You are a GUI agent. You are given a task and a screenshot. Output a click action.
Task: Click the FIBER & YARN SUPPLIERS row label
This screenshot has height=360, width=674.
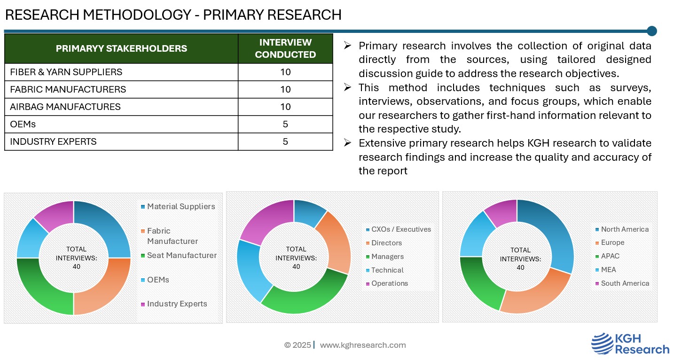[66, 72]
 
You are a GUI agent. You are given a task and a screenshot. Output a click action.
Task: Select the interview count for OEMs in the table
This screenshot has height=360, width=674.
[285, 124]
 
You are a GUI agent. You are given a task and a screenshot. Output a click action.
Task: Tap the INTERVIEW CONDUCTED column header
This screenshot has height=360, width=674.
[285, 48]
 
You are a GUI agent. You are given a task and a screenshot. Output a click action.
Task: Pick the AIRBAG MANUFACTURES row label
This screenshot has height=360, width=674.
[65, 107]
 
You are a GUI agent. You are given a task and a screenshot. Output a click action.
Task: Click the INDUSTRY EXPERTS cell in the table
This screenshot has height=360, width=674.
[53, 141]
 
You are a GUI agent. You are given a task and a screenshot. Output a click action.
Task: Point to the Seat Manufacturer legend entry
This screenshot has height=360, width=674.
[181, 255]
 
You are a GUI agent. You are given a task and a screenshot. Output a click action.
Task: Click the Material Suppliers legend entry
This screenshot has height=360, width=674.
[180, 206]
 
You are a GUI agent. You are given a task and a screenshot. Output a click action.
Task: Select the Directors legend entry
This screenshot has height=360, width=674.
[386, 243]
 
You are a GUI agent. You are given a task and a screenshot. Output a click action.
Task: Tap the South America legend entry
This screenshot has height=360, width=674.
[624, 283]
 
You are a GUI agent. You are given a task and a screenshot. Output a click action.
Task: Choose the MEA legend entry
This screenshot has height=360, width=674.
[608, 270]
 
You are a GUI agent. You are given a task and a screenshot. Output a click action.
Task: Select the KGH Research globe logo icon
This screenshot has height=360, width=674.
[601, 344]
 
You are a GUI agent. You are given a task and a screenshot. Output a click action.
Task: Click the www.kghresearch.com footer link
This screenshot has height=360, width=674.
[363, 345]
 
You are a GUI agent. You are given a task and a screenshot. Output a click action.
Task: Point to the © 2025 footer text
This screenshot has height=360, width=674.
[297, 345]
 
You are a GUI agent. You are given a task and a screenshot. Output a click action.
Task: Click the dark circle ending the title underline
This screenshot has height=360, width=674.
[651, 31]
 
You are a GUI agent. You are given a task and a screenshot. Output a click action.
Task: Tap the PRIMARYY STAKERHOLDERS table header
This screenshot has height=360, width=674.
[121, 48]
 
